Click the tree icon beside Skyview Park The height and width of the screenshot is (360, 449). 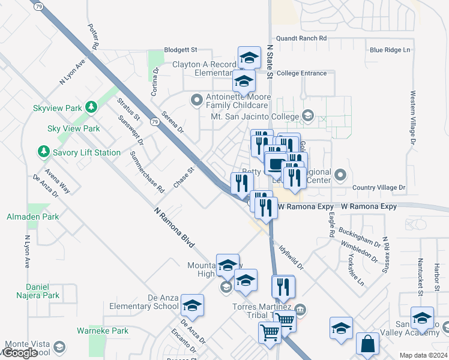(x=91, y=107)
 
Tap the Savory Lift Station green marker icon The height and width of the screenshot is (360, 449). (x=44, y=152)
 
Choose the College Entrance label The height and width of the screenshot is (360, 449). (x=302, y=73)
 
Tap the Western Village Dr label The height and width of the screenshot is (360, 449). (x=413, y=118)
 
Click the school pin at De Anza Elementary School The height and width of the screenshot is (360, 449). (x=192, y=306)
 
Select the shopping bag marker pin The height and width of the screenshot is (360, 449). (x=367, y=344)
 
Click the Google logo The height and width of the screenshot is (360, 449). (x=20, y=353)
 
